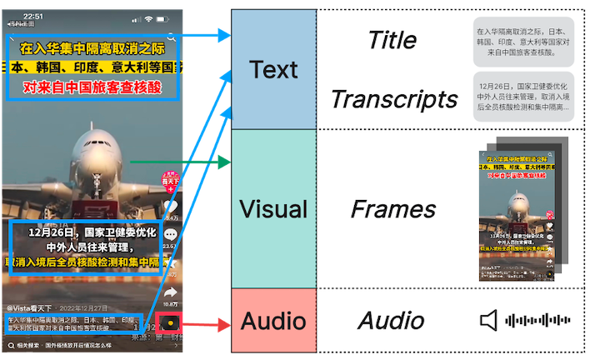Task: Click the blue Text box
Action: pos(272,69)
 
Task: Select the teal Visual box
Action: pos(272,208)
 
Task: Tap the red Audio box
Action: pos(272,320)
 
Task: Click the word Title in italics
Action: pos(392,39)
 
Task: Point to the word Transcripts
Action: pos(394,99)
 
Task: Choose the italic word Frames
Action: pos(393,208)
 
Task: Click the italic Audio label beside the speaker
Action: pos(391,321)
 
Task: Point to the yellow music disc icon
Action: pos(170,322)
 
